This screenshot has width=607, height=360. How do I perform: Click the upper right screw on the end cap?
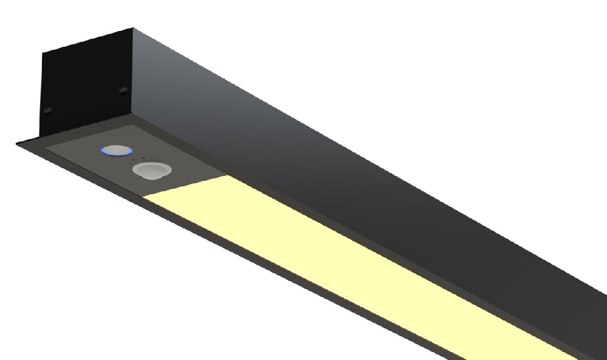(x=123, y=91)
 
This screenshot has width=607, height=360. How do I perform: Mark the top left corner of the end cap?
(x=42, y=53)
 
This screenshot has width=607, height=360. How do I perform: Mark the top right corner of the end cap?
(x=132, y=28)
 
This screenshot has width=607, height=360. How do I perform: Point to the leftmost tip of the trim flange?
(x=16, y=143)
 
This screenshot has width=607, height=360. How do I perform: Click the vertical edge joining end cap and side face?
(x=133, y=73)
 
